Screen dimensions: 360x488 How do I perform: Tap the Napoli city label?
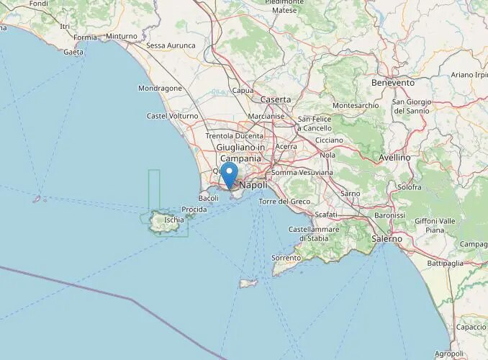click(x=253, y=185)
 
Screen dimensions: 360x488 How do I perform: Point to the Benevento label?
click(x=393, y=83)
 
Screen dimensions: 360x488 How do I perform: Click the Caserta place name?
click(x=276, y=99)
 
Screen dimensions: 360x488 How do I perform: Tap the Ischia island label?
click(x=174, y=220)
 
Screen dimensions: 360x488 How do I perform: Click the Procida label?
click(x=194, y=210)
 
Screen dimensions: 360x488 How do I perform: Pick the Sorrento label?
click(x=286, y=257)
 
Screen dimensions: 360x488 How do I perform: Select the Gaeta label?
click(x=73, y=52)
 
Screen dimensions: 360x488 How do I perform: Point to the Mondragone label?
click(x=160, y=89)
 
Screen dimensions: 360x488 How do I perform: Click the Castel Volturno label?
click(x=172, y=115)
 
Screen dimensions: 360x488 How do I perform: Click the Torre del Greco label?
click(x=284, y=201)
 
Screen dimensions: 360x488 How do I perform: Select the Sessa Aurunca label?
click(x=171, y=45)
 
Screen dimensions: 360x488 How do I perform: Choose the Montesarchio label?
click(x=356, y=105)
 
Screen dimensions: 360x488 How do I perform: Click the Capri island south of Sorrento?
click(x=248, y=283)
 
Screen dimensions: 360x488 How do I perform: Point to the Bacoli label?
click(x=209, y=198)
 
